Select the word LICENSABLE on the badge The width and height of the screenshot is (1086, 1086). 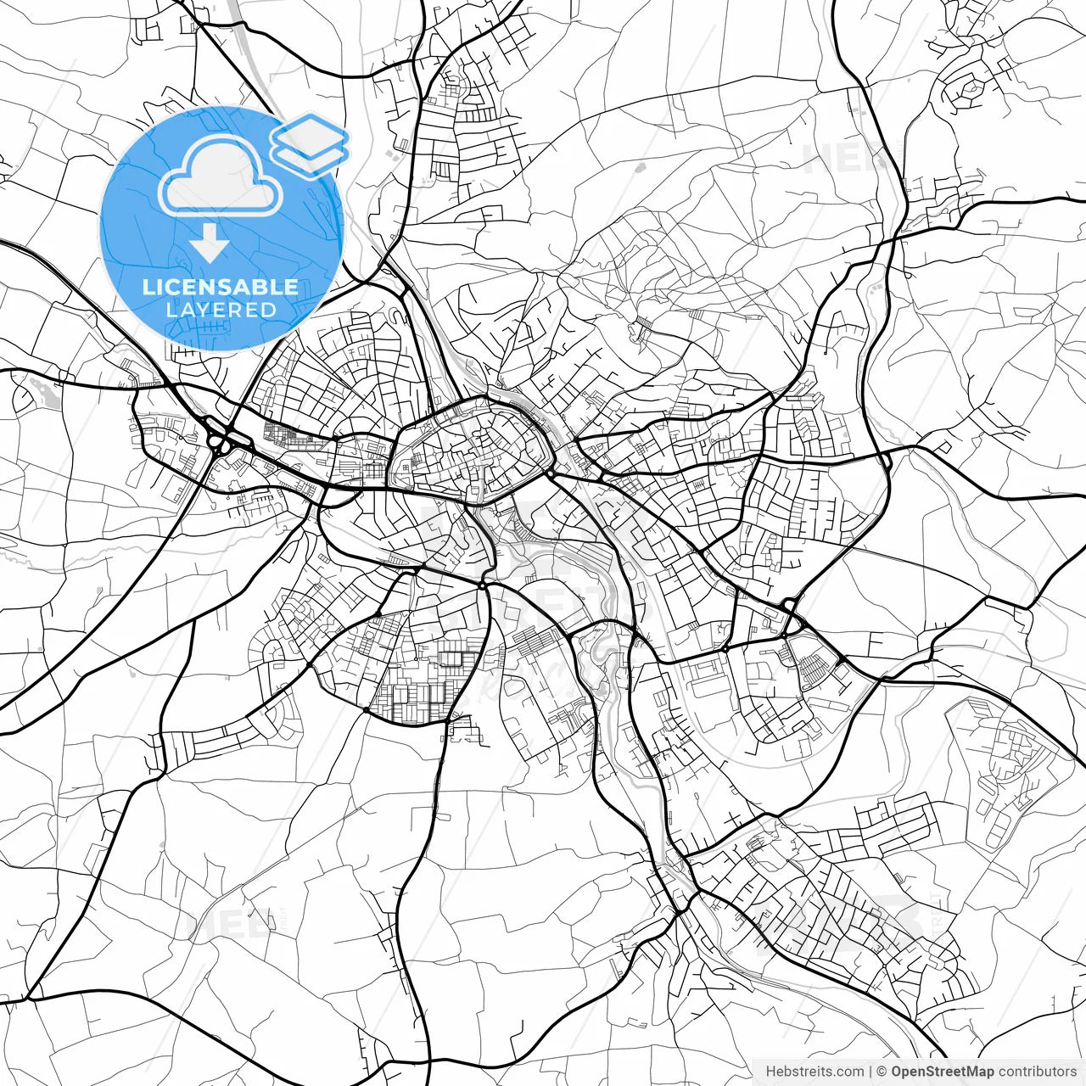[x=221, y=287]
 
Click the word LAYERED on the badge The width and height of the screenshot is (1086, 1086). [x=221, y=310]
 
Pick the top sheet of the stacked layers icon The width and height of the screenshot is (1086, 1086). [x=310, y=132]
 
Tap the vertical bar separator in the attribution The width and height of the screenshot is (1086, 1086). [x=870, y=1072]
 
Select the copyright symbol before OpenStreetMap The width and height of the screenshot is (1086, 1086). [x=882, y=1072]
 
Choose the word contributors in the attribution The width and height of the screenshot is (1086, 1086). [x=1026, y=1072]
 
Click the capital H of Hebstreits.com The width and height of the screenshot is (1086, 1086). [x=770, y=1072]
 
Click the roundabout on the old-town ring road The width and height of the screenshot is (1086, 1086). [x=551, y=473]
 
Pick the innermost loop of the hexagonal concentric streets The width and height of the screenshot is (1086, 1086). [x=964, y=88]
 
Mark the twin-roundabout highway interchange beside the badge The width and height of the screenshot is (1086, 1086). [x=222, y=439]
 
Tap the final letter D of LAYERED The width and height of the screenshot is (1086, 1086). [x=269, y=310]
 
